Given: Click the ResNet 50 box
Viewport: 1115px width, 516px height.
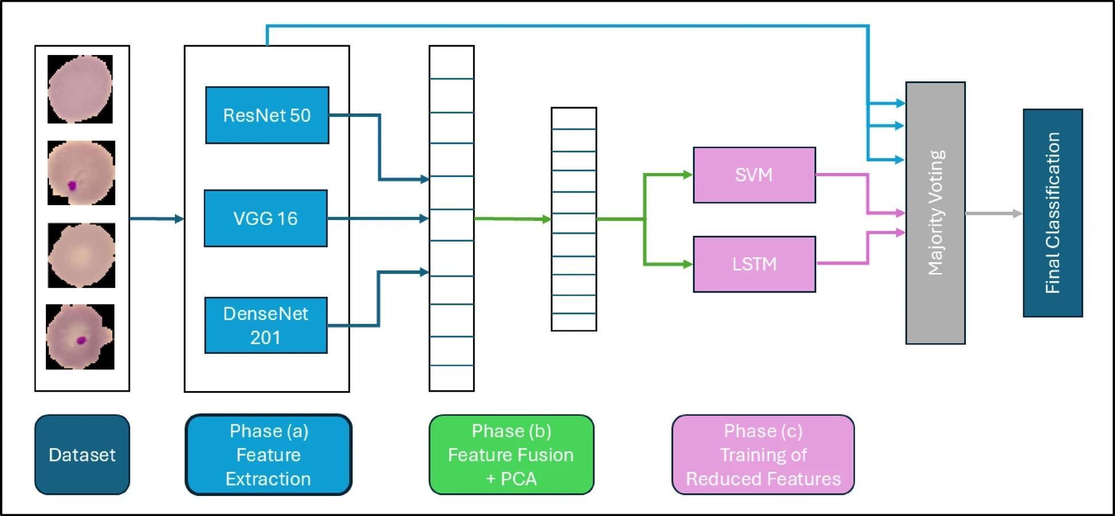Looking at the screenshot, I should tap(267, 115).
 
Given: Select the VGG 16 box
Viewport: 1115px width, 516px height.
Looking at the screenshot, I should tap(266, 218).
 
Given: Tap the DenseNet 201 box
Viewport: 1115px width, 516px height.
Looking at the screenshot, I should tap(266, 325).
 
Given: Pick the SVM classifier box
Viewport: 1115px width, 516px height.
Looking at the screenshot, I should tap(754, 175).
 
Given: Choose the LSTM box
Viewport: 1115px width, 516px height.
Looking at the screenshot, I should tap(754, 264).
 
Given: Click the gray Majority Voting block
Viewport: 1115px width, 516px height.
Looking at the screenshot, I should tap(935, 213).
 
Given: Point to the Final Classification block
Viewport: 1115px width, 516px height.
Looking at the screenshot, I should tap(1053, 213).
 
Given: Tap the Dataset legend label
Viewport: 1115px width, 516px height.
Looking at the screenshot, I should tap(82, 455).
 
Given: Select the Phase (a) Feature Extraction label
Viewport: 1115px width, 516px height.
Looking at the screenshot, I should tap(268, 455).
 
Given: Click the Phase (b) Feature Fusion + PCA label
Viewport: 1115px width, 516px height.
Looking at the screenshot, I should tap(511, 455).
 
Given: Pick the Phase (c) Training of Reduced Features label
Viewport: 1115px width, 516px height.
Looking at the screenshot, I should tap(763, 455).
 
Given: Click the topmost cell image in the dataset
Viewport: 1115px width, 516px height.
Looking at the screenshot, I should tap(80, 89).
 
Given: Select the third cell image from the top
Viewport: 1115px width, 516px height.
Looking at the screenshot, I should tap(81, 255).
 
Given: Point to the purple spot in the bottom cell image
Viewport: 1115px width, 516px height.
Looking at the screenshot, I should tap(81, 340).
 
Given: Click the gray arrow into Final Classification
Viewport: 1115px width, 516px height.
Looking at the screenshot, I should tap(993, 214).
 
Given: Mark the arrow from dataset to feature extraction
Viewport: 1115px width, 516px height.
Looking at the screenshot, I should tap(157, 218).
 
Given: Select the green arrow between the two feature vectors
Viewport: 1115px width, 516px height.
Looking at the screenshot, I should tap(512, 219).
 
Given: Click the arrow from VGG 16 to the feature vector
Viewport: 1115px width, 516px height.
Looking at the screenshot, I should tap(378, 218).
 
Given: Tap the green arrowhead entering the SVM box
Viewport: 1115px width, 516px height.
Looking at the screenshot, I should tap(687, 175).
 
